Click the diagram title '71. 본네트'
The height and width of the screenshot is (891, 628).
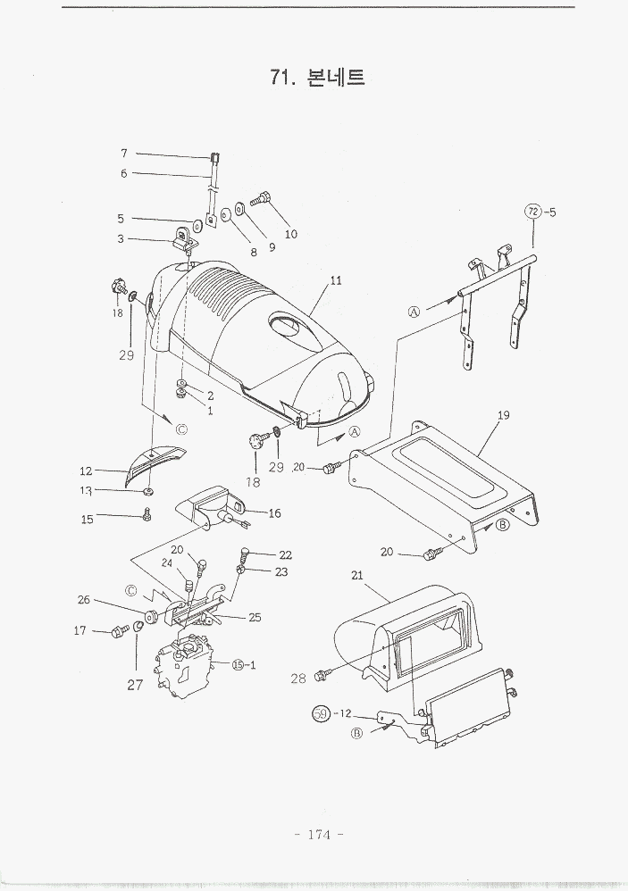click(x=317, y=78)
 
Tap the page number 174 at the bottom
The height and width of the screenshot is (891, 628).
click(x=319, y=835)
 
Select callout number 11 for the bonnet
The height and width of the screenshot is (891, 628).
click(x=336, y=280)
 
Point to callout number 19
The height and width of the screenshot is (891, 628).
click(x=504, y=415)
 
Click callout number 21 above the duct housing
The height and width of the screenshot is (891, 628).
click(x=357, y=577)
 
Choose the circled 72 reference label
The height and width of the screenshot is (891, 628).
click(x=532, y=212)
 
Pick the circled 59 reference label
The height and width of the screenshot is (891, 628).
click(x=320, y=713)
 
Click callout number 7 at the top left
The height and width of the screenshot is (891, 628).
click(x=124, y=153)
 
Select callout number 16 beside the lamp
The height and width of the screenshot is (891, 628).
click(x=274, y=513)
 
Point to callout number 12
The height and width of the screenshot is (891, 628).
click(x=86, y=470)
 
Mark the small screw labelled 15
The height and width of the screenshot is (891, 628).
click(x=148, y=514)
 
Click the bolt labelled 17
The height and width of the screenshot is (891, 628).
click(x=117, y=632)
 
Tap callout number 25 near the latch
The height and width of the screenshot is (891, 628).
click(x=255, y=617)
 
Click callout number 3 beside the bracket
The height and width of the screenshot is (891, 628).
click(x=121, y=238)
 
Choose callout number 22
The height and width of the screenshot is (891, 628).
click(x=285, y=554)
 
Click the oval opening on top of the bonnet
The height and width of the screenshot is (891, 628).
click(x=291, y=326)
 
